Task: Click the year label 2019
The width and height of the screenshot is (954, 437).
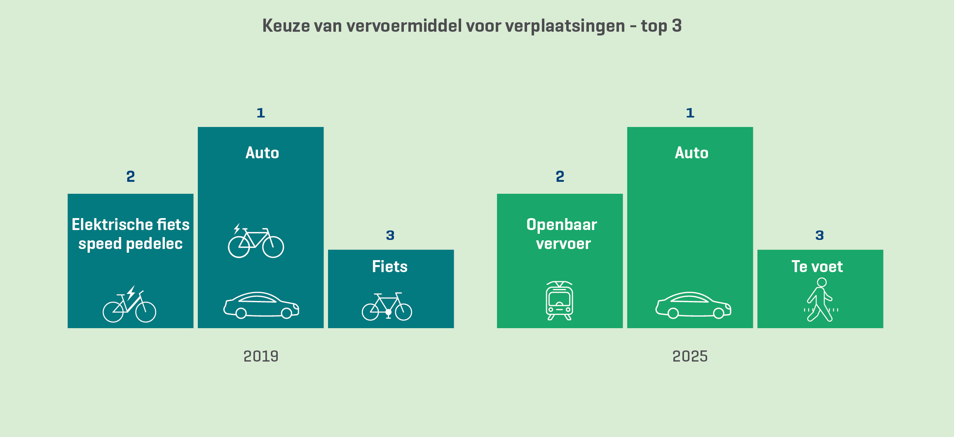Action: tap(261, 356)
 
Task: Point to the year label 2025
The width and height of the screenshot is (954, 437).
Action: tap(690, 356)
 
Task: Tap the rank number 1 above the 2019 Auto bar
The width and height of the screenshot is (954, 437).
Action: tap(261, 113)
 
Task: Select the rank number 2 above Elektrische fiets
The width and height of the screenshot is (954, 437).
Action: tap(131, 176)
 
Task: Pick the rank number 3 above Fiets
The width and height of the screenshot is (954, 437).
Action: tap(390, 235)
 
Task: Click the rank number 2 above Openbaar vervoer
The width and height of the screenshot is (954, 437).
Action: tap(560, 176)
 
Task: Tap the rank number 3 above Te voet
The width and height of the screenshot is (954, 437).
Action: tap(820, 235)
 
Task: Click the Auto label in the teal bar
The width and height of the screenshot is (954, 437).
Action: tap(262, 153)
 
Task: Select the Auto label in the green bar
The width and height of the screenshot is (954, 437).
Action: tap(691, 153)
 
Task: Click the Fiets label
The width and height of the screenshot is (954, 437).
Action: tap(390, 267)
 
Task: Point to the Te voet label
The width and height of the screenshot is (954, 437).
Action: tap(817, 267)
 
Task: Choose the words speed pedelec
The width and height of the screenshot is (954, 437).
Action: tap(131, 244)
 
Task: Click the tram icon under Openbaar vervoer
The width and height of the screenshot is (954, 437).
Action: tap(559, 301)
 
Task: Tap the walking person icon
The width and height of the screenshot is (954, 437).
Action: tap(820, 300)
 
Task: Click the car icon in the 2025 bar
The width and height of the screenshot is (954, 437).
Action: tap(693, 305)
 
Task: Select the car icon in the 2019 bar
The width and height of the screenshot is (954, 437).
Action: tap(261, 305)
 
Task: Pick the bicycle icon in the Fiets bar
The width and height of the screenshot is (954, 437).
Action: tap(387, 306)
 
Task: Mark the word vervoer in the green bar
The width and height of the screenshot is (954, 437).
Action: tap(563, 244)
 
